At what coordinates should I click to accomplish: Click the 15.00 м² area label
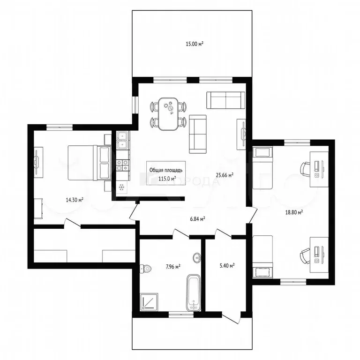point(195,44)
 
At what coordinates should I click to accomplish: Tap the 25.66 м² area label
point(225,175)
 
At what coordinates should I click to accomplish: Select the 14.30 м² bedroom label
point(75,200)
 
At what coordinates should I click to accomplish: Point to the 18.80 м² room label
point(294,212)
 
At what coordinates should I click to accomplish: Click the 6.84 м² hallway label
point(198,219)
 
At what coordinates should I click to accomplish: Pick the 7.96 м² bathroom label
point(173,267)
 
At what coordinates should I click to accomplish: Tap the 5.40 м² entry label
point(227,266)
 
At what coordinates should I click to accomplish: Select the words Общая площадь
point(166,170)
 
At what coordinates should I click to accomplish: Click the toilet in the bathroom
point(145,269)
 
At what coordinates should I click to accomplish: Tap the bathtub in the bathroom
point(194,293)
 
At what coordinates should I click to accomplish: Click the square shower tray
point(149,302)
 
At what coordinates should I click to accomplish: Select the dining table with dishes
point(169,114)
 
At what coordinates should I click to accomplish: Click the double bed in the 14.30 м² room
point(90,162)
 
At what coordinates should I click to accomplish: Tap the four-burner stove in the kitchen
point(123,165)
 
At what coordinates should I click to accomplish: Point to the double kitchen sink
point(122,140)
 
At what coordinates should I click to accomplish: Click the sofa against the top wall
point(225,100)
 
